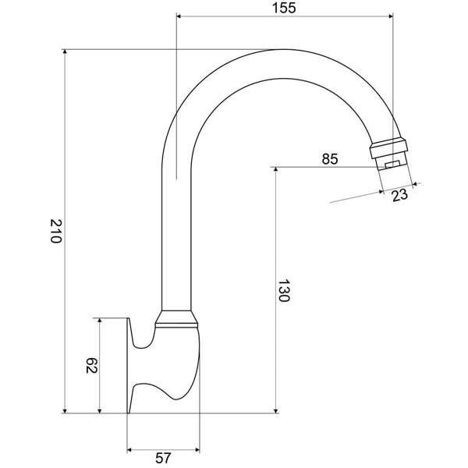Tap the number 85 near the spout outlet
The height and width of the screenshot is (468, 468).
pos(329,159)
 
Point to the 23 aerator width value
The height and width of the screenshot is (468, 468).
pos(400,195)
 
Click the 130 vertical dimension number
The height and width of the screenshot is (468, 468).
pos(285,290)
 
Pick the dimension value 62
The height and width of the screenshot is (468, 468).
pos(90,365)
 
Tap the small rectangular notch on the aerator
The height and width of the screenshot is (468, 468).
pos(392,163)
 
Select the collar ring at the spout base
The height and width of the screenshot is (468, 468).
pos(178,317)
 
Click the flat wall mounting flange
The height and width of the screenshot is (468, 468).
pos(129,365)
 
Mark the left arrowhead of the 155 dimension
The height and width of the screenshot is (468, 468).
pos(181,16)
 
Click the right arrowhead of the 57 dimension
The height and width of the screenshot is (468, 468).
pos(197,450)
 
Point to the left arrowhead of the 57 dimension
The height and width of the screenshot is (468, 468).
pos(131,450)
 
